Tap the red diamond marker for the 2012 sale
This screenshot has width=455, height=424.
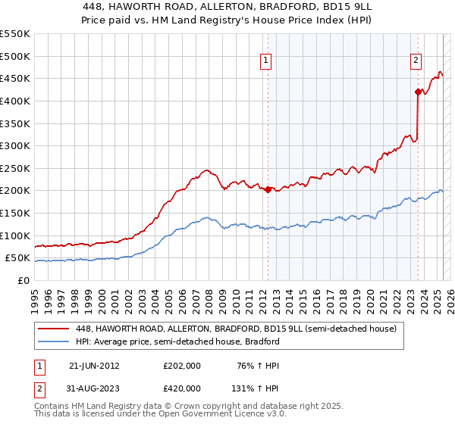point(268,189)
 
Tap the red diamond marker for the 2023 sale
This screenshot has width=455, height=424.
point(418,92)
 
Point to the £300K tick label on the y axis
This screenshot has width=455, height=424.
point(15,145)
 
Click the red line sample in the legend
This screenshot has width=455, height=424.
point(55,329)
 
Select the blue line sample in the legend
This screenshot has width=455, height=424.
point(55,341)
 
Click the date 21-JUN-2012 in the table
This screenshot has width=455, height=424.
point(94,366)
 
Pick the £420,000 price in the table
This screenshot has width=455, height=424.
point(182,388)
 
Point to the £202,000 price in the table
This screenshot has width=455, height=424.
point(182,366)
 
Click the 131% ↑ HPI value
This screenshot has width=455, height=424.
point(257,388)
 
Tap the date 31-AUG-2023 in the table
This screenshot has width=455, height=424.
point(94,388)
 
